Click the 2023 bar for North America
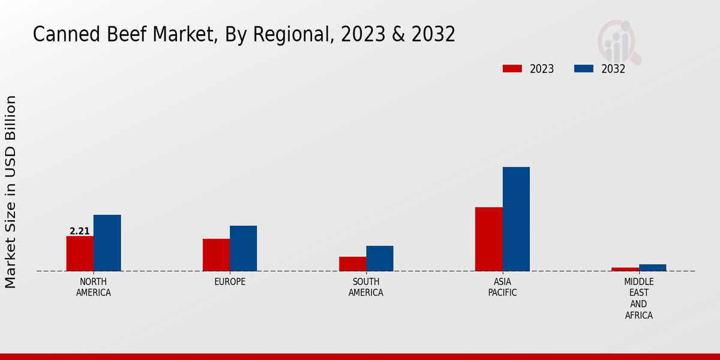click(x=80, y=253)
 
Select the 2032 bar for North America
click(x=107, y=242)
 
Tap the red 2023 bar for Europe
click(x=216, y=254)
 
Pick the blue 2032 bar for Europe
click(x=243, y=248)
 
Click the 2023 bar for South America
click(x=352, y=263)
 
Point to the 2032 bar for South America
click(x=380, y=258)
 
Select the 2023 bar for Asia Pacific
click(x=488, y=239)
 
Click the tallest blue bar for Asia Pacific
click(x=516, y=218)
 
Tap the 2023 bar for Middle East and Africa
click(x=625, y=269)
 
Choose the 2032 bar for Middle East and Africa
click(x=652, y=267)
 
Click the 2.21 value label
click(x=80, y=231)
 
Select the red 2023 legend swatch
click(x=512, y=68)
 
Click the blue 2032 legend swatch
click(x=584, y=68)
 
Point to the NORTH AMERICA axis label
click(x=94, y=287)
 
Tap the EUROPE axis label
click(x=230, y=281)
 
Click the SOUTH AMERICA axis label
click(x=366, y=287)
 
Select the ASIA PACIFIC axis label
click(x=502, y=287)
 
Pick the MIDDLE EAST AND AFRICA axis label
click(x=638, y=298)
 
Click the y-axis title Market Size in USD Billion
click(x=11, y=192)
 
